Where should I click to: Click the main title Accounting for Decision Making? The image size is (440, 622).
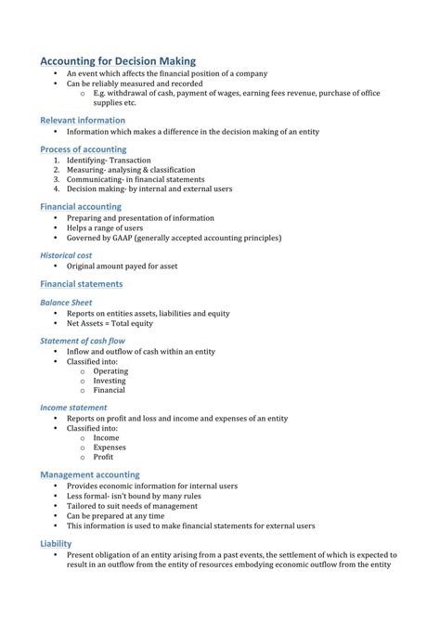point(118,60)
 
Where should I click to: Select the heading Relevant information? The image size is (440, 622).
point(83,121)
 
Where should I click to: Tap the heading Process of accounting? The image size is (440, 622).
point(84,149)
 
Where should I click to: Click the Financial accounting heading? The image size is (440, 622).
point(81,206)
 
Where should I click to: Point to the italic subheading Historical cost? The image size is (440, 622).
point(66,254)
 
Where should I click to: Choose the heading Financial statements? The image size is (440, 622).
point(82,283)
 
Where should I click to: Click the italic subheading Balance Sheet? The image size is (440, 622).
point(66,303)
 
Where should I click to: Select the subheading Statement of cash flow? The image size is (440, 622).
point(84,341)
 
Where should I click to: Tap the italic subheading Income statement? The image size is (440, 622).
point(73,408)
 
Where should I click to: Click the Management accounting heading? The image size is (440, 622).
point(90,474)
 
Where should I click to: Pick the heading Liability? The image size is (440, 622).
point(56,543)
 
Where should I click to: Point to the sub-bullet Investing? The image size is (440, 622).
point(110,381)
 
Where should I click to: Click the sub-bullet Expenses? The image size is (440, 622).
point(110,447)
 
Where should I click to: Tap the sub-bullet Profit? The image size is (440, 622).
point(103,458)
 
